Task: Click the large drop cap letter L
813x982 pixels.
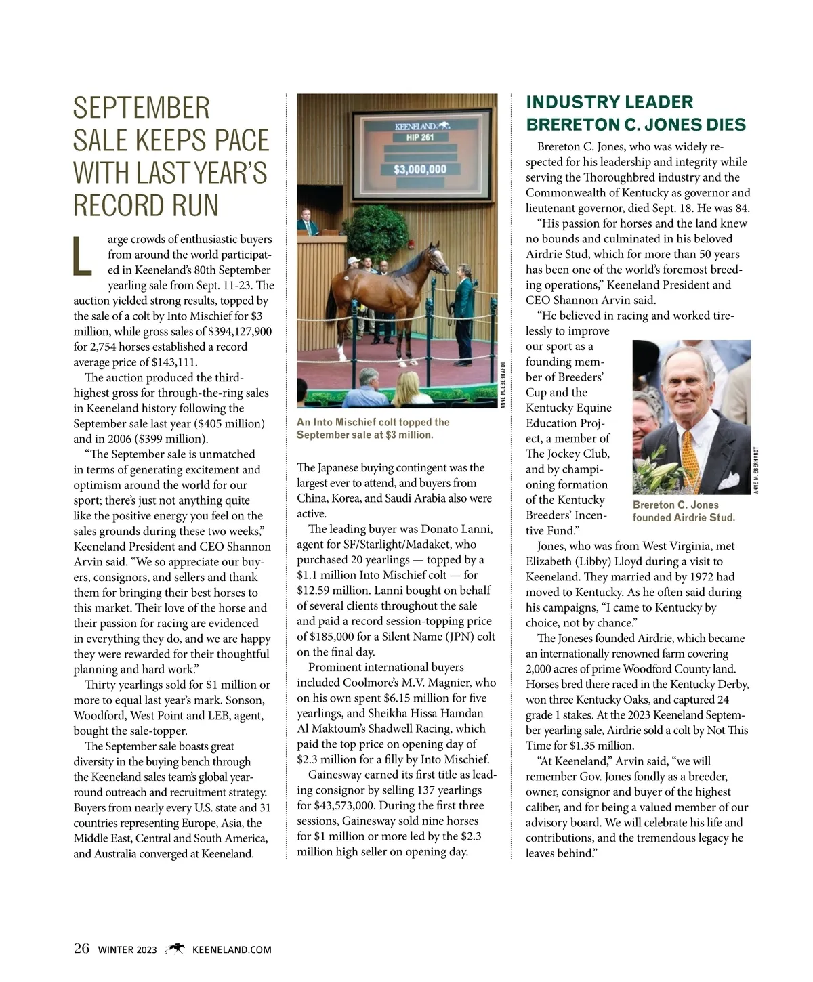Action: coord(82,256)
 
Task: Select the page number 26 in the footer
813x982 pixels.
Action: coord(81,948)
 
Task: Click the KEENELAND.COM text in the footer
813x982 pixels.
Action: coord(232,949)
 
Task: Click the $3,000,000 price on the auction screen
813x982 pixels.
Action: coord(420,169)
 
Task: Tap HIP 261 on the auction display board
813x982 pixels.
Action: coord(420,137)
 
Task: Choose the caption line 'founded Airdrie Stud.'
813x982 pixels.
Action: coord(683,517)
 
